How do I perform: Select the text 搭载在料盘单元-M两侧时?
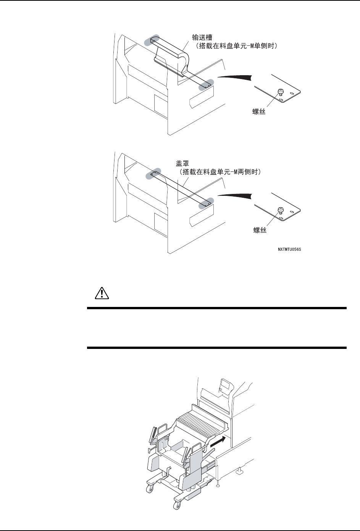(220, 172)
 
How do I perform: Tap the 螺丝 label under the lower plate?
(260, 230)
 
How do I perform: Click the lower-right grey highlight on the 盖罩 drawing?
(207, 203)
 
